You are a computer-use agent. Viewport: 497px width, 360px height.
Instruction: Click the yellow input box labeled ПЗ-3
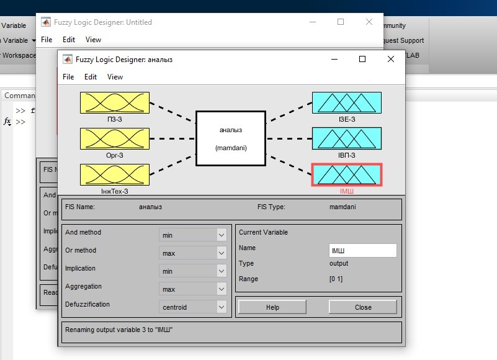[x=115, y=103]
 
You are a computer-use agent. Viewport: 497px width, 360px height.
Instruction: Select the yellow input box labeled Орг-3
[x=115, y=138]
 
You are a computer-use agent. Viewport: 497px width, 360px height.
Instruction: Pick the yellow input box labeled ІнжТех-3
[x=115, y=175]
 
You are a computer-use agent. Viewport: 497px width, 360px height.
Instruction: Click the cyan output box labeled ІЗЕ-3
[x=347, y=103]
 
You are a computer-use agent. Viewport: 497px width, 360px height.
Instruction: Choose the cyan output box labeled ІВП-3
[x=347, y=138]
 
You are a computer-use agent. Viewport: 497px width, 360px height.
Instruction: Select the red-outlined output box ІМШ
[x=347, y=175]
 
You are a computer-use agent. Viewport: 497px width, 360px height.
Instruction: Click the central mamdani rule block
[x=231, y=138]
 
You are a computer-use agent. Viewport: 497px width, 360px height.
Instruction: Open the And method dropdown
[x=193, y=235]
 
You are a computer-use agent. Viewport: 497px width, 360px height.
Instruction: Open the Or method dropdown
[x=193, y=253]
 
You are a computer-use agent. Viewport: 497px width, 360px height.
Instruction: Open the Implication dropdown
[x=193, y=271]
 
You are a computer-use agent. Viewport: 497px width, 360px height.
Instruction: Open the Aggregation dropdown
[x=193, y=289]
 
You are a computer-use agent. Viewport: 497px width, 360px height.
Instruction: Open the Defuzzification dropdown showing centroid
[x=193, y=307]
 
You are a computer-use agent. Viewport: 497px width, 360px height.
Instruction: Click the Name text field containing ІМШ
[x=363, y=251]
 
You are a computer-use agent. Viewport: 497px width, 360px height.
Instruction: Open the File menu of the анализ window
[x=68, y=77]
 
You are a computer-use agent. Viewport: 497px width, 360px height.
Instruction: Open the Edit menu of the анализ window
[x=91, y=77]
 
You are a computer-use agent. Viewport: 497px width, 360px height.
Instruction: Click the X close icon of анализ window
[x=391, y=59]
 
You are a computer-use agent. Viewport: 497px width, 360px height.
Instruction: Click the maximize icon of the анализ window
[x=362, y=59]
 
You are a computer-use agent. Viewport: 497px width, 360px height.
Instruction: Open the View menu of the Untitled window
[x=93, y=40]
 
